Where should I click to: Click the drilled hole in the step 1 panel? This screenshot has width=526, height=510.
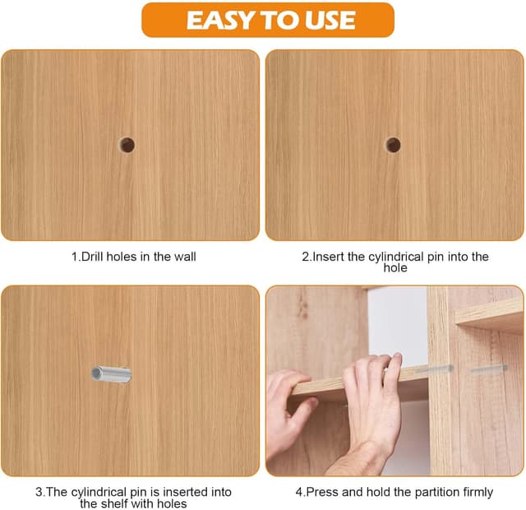click(x=127, y=145)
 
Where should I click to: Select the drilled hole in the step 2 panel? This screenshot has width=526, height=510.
click(x=393, y=145)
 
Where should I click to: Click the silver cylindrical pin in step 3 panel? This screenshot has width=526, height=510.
click(x=111, y=374)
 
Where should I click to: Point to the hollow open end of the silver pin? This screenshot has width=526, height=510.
click(x=95, y=373)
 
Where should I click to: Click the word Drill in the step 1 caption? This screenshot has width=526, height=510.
click(x=90, y=257)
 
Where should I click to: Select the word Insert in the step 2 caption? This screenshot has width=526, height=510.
click(x=329, y=257)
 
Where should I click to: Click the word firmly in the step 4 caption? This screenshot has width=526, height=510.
click(x=478, y=493)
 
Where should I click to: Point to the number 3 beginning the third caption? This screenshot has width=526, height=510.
click(x=39, y=492)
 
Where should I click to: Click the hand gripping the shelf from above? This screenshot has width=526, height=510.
click(x=372, y=403)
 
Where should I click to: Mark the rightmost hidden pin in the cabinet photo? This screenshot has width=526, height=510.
click(x=489, y=369)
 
